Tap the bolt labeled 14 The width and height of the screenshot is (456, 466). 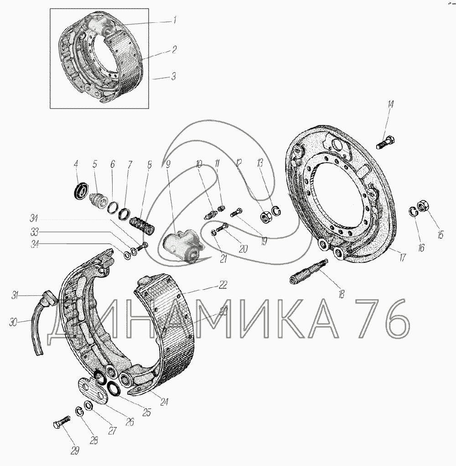tap(385, 142)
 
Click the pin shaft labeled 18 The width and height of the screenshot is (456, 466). tap(309, 272)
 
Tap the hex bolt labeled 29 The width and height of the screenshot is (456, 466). tap(62, 422)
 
